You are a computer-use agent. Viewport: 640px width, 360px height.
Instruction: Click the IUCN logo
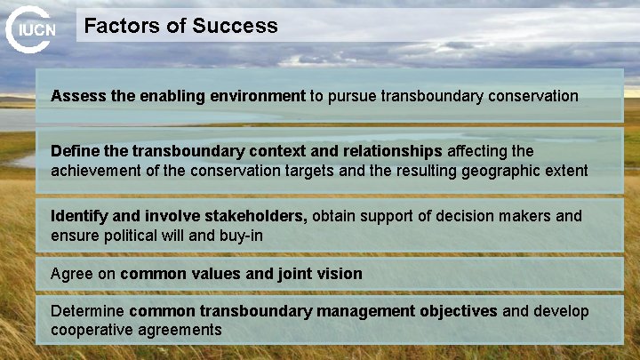coord(32,29)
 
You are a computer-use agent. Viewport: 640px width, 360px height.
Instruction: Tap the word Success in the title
coord(235,26)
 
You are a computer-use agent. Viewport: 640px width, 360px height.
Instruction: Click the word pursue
coord(352,95)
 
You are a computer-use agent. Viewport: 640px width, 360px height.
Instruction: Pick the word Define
coord(76,151)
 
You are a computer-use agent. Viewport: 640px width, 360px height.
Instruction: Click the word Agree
coord(72,274)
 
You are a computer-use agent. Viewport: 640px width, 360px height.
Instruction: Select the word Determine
coord(88,311)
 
